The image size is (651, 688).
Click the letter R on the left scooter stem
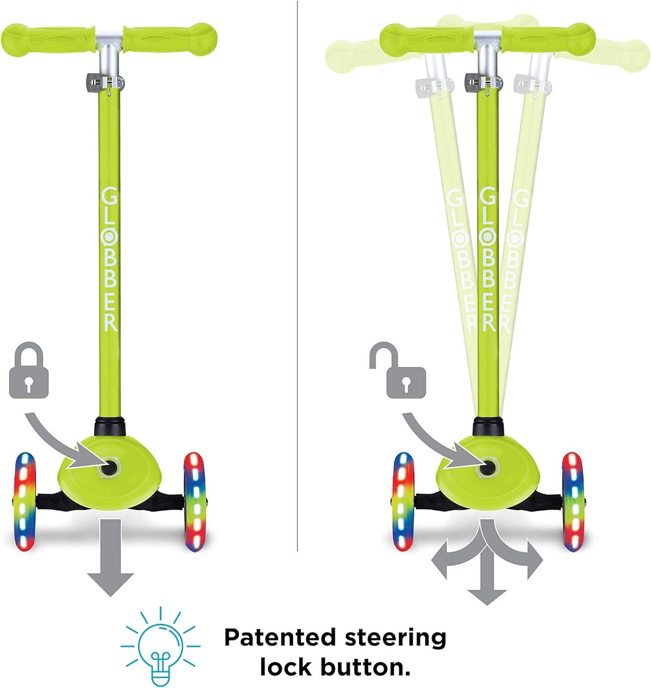point(111,322)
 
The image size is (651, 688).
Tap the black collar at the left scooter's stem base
point(110,427)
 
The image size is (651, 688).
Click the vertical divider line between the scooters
point(297,275)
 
